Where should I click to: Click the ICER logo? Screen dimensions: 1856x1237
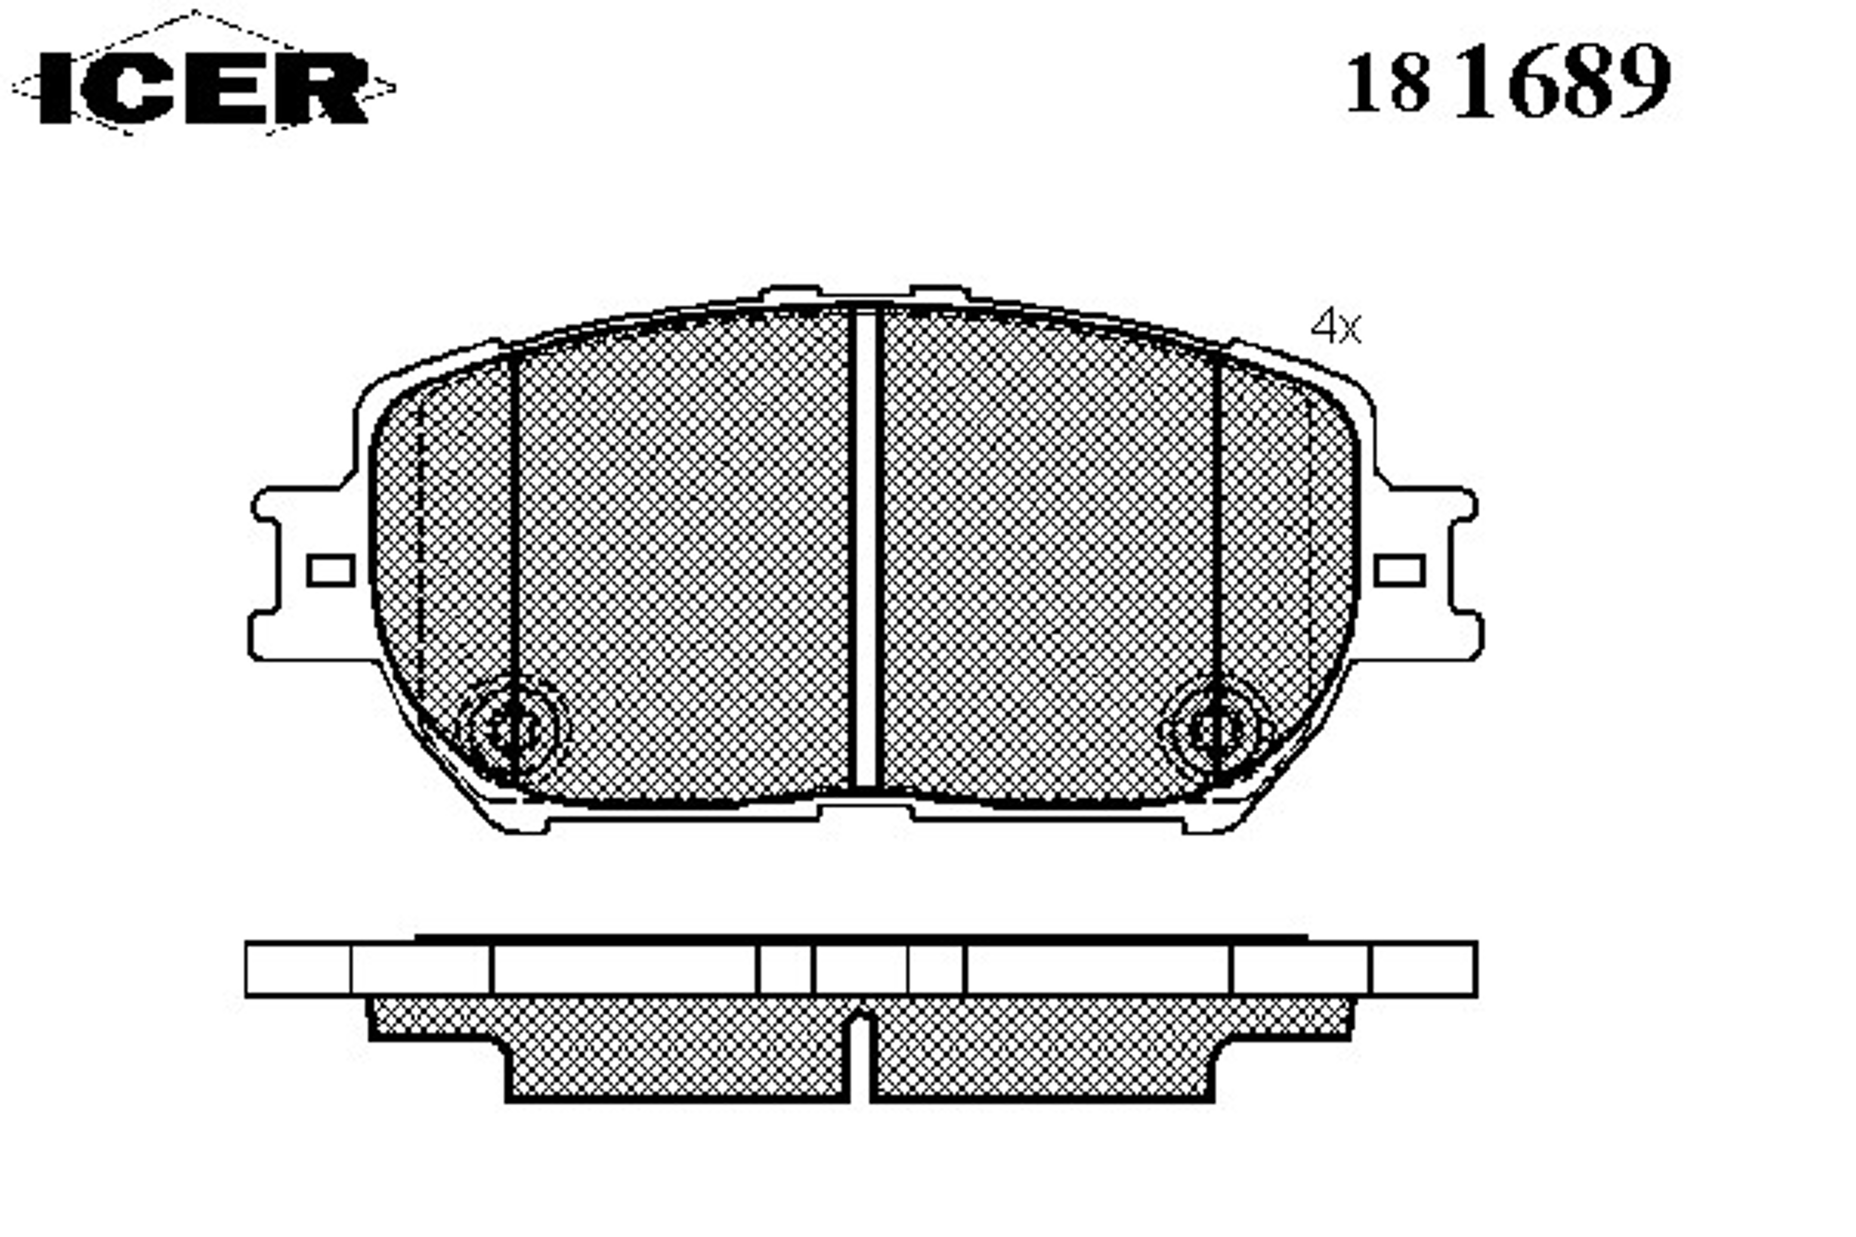click(x=204, y=87)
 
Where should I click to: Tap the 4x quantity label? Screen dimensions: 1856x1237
click(x=1336, y=327)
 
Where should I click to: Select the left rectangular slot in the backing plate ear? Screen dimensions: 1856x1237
click(x=331, y=570)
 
